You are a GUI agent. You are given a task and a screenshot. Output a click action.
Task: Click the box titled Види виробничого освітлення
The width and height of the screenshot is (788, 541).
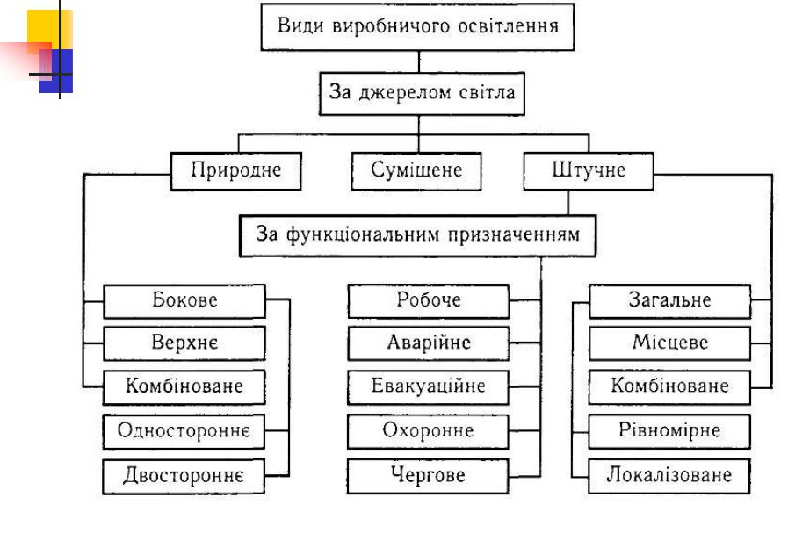click(417, 26)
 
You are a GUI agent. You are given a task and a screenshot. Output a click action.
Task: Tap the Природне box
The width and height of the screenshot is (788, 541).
click(236, 170)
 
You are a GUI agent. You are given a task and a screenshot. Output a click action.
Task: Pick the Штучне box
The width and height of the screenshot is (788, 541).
click(589, 170)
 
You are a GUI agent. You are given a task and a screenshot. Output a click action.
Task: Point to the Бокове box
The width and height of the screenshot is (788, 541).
click(184, 300)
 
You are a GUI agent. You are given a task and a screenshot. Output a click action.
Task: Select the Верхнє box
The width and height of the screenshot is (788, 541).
click(184, 343)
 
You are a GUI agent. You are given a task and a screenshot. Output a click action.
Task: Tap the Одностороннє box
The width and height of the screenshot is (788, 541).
click(184, 431)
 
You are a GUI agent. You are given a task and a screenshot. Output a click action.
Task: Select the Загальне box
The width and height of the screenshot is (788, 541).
click(669, 300)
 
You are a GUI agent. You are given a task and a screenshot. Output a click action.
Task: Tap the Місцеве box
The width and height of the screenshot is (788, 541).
click(669, 343)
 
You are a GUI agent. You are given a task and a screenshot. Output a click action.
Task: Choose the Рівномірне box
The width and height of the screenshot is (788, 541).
click(669, 431)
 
